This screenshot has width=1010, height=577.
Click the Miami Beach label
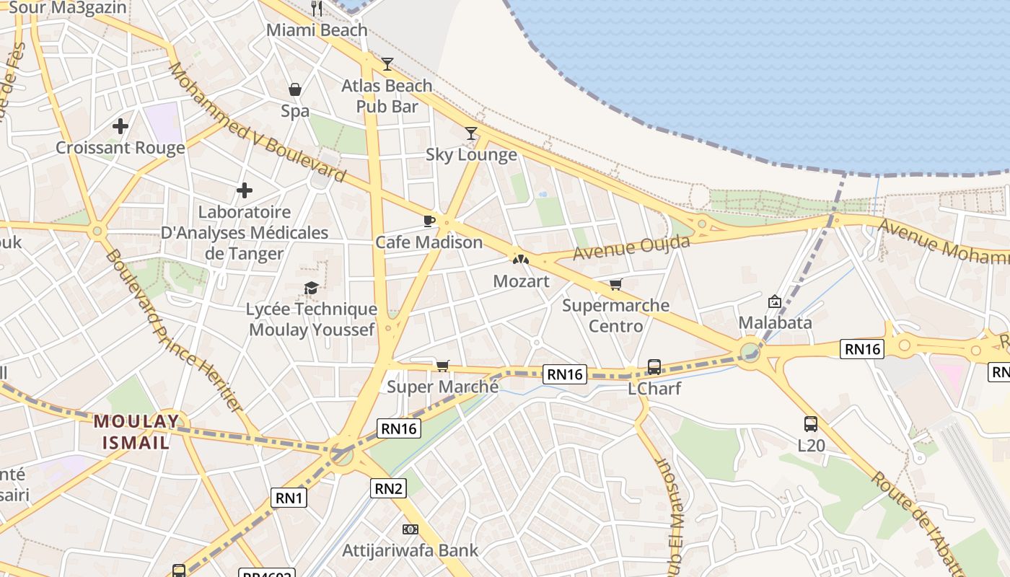(x=317, y=30)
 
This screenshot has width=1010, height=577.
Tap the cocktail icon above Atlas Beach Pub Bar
(x=387, y=64)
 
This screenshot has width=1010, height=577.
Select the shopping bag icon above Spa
(x=295, y=89)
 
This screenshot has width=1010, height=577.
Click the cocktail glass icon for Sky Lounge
(x=471, y=133)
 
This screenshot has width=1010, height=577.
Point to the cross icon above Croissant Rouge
(x=120, y=127)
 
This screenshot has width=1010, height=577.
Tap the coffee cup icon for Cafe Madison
(x=429, y=221)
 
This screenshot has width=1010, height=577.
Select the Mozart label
(x=521, y=281)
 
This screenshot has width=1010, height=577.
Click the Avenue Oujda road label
(x=631, y=247)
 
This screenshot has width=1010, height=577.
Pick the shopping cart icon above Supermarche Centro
(x=615, y=284)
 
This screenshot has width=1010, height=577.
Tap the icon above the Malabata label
(x=775, y=301)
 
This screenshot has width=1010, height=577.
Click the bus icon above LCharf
(x=654, y=367)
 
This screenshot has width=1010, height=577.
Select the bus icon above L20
(x=811, y=424)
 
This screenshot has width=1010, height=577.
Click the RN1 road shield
(x=289, y=497)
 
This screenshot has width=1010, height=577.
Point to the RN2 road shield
(x=389, y=488)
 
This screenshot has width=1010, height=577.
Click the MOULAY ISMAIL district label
(x=136, y=431)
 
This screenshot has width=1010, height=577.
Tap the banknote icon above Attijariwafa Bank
(x=410, y=529)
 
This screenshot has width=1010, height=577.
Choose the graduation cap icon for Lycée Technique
(x=311, y=288)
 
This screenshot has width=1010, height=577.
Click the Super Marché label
(x=442, y=387)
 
